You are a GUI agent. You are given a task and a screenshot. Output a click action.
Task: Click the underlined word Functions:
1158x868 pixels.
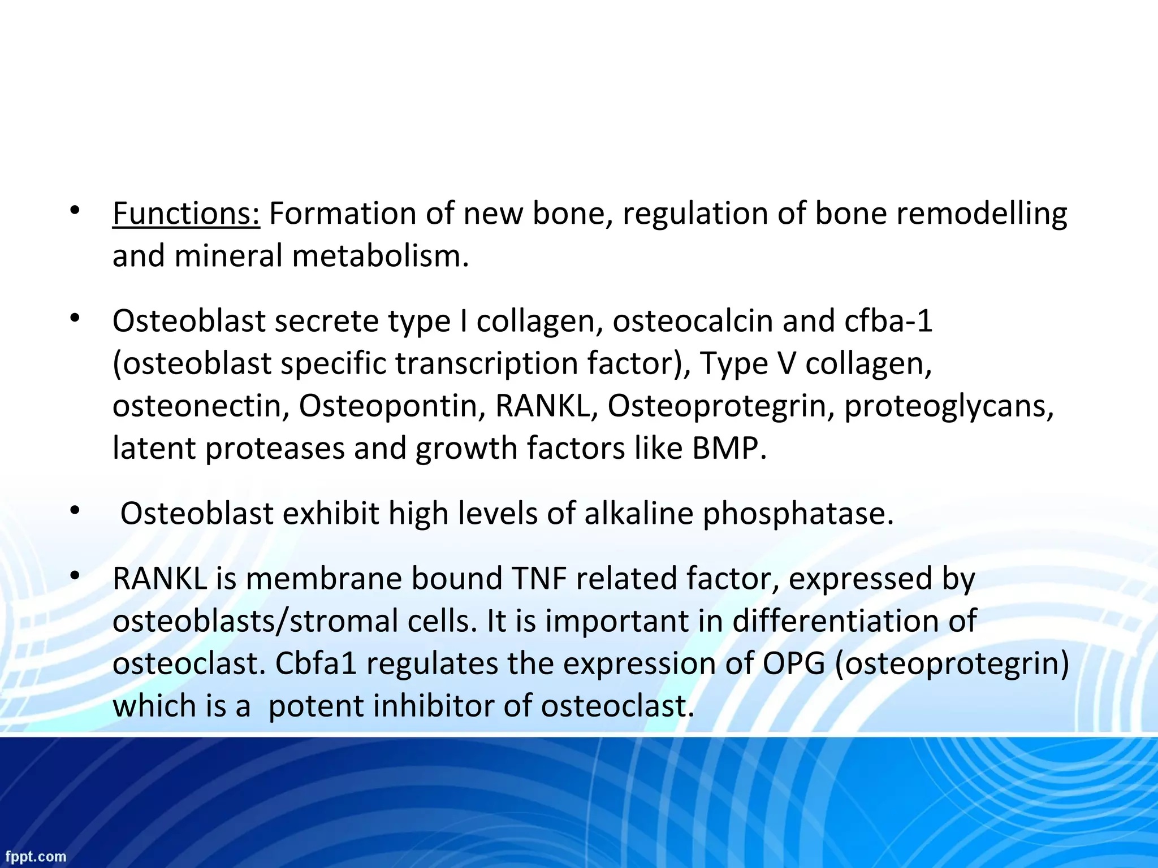[x=186, y=214]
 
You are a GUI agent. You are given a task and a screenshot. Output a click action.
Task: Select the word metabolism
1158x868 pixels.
[x=380, y=256]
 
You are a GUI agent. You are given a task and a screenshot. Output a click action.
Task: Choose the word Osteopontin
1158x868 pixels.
[x=392, y=406]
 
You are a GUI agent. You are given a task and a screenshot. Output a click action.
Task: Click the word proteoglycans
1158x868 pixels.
[x=949, y=406]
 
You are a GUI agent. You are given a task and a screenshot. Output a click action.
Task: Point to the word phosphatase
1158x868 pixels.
[x=798, y=514]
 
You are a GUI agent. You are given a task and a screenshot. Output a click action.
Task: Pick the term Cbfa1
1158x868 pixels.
[x=316, y=663]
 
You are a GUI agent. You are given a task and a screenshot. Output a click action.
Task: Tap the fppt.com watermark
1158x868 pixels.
[x=36, y=857]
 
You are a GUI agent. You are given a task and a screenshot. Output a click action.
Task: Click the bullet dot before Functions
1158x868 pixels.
[x=74, y=211]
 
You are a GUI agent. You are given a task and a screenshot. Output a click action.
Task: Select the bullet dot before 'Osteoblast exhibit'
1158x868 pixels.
[x=74, y=511]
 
